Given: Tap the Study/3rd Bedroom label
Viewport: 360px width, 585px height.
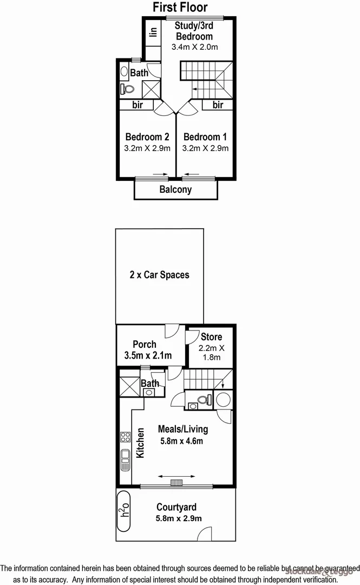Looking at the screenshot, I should (194, 31).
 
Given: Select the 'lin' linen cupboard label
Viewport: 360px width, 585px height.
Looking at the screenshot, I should (153, 32).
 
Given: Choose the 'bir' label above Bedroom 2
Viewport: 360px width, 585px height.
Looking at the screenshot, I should (138, 105).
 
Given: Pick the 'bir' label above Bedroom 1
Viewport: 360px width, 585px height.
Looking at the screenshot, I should (218, 105).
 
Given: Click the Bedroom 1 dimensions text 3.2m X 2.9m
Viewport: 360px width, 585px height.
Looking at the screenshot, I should (206, 148).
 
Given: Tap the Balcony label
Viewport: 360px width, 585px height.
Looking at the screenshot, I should (175, 190).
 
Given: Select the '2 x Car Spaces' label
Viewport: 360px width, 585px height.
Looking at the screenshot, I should (159, 275).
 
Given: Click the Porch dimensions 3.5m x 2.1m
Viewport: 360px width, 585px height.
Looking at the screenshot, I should (145, 356).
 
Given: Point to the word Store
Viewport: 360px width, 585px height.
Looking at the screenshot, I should (211, 337).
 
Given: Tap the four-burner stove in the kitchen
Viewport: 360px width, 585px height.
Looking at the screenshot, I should (125, 436).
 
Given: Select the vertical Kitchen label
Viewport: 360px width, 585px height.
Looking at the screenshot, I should (140, 443).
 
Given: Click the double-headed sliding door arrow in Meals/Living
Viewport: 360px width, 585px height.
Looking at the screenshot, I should (177, 476).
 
